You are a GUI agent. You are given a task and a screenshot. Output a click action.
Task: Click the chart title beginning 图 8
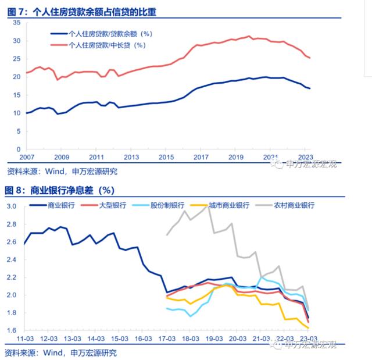pyautogui.click(x=60, y=190)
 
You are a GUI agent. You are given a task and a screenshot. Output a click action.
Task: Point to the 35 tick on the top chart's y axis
pyautogui.click(x=16, y=23)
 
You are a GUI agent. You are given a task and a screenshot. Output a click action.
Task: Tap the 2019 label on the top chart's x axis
pyautogui.click(x=235, y=157)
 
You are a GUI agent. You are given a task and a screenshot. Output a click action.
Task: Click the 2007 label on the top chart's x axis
pyautogui.click(x=27, y=157)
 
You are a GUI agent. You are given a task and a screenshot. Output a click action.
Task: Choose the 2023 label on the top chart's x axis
pyautogui.click(x=305, y=157)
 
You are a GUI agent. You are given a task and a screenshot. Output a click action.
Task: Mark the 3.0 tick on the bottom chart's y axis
pyautogui.click(x=11, y=206)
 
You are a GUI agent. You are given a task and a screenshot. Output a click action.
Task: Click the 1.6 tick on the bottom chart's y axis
pyautogui.click(x=11, y=330)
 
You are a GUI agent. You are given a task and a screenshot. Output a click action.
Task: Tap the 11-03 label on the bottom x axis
pyautogui.click(x=25, y=339)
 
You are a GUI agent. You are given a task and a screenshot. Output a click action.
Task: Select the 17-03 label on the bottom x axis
pyautogui.click(x=167, y=339)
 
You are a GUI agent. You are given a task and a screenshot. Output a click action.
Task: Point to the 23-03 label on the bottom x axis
pyautogui.click(x=307, y=339)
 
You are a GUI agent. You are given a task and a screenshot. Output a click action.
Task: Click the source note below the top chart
pyautogui.click(x=62, y=171)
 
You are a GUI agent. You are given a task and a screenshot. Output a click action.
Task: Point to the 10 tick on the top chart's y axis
pyautogui.click(x=16, y=113)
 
